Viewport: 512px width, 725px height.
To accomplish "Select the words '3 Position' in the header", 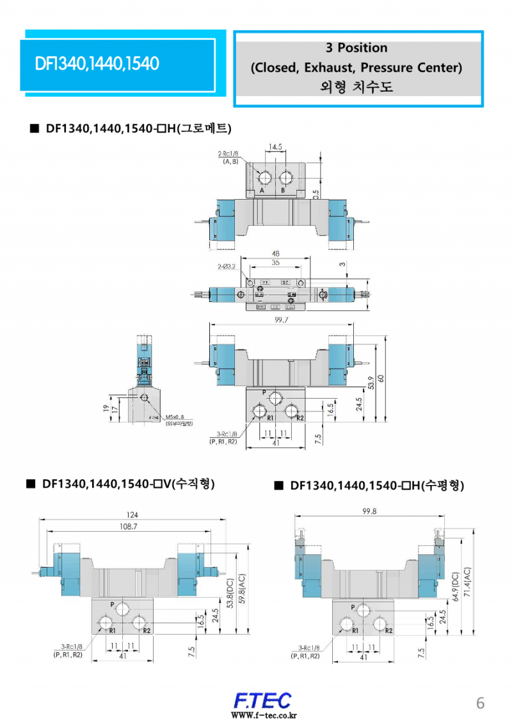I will (x=356, y=48).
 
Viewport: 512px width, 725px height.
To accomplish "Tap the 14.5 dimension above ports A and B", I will (x=275, y=147).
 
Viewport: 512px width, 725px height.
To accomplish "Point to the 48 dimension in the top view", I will (x=276, y=253).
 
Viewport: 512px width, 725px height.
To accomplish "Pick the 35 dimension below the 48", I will (x=276, y=262).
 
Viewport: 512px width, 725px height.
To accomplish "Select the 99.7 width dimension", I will (x=282, y=320).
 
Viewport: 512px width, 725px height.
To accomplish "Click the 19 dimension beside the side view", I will (x=106, y=407).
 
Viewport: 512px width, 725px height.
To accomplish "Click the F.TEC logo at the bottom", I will (x=262, y=699).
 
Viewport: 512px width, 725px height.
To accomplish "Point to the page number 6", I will (x=480, y=703).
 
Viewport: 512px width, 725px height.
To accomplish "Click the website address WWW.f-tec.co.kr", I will (x=263, y=715).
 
